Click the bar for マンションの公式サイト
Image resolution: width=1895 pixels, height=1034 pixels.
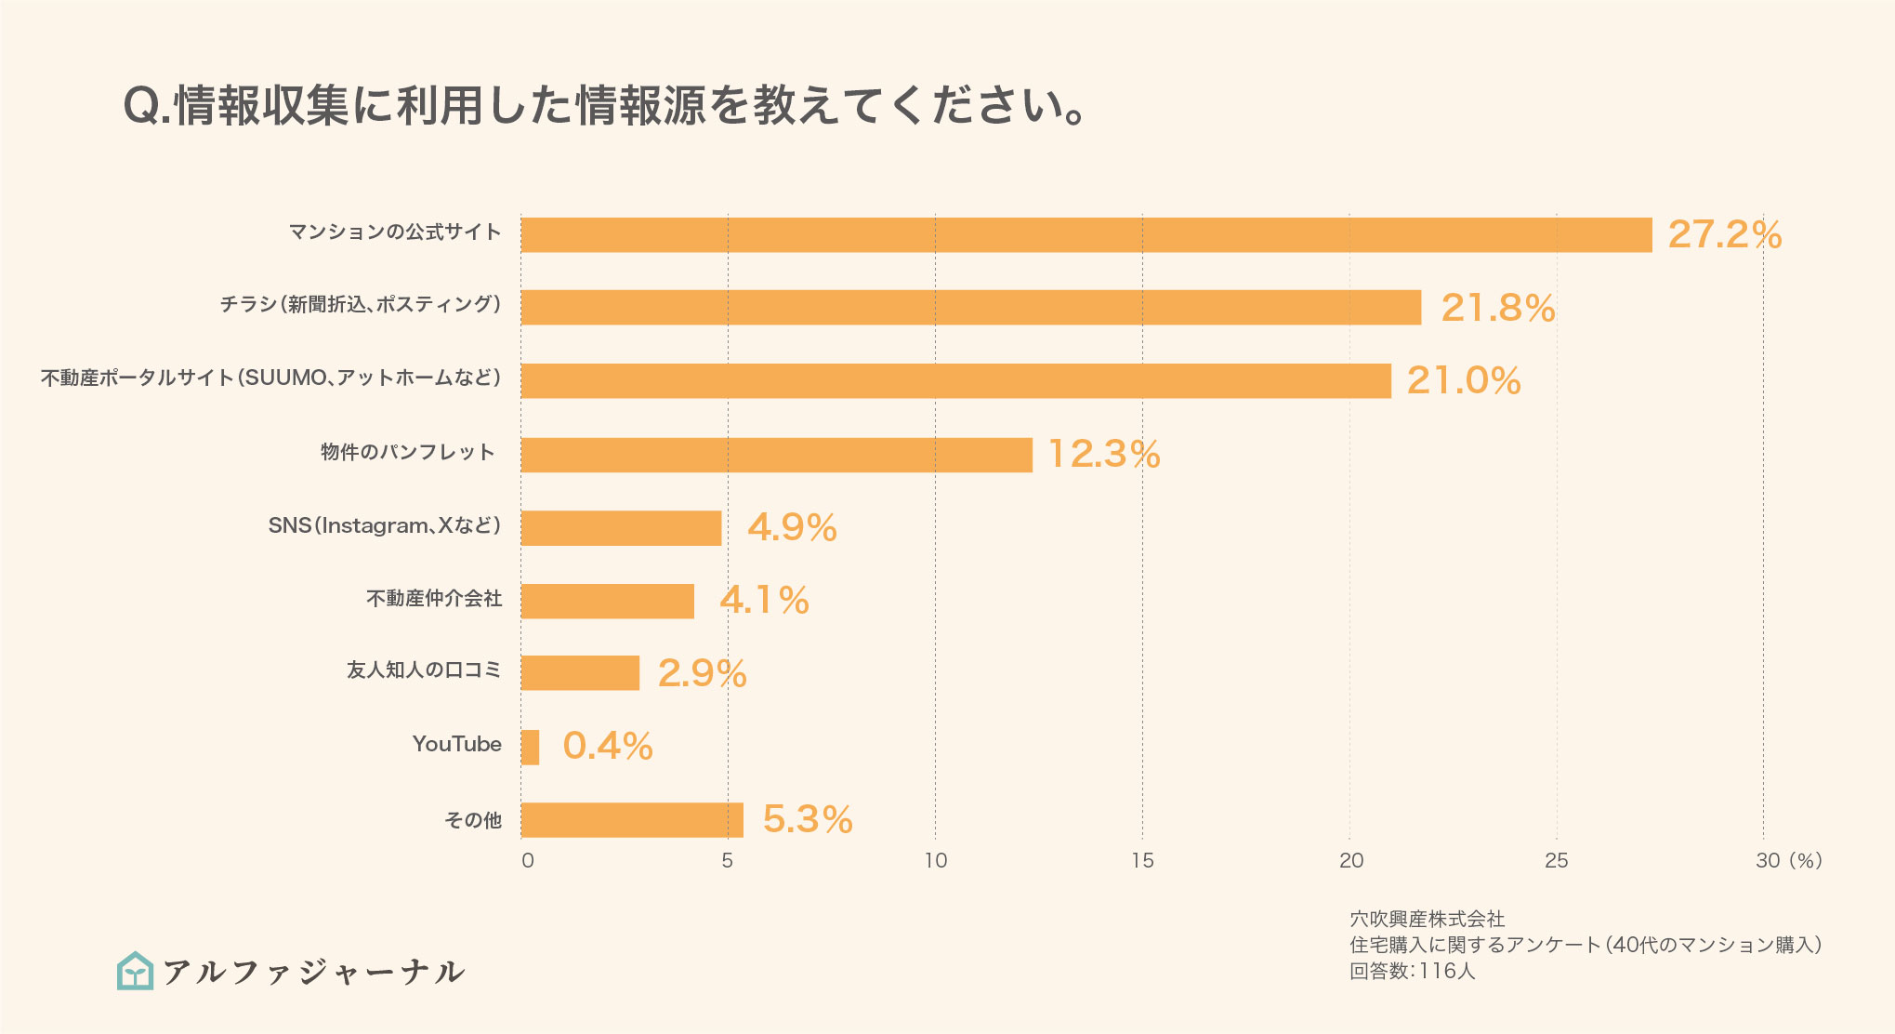(x=1086, y=235)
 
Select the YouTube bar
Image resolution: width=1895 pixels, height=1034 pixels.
(x=530, y=748)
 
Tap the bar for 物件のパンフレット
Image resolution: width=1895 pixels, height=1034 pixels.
(x=776, y=455)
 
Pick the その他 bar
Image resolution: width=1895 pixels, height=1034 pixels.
(x=632, y=820)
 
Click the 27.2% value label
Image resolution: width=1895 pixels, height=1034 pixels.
(x=1724, y=235)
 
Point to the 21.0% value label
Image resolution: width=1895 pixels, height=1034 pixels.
(x=1463, y=381)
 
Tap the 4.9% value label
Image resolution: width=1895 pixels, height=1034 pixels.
(x=792, y=528)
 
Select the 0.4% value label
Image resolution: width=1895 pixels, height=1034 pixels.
(x=608, y=747)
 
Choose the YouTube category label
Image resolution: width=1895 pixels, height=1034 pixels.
(x=456, y=745)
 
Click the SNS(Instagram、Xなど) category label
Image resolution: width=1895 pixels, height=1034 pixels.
(x=385, y=526)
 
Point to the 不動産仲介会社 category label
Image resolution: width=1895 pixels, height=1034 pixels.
(x=434, y=599)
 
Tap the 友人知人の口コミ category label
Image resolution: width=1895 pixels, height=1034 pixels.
(x=424, y=670)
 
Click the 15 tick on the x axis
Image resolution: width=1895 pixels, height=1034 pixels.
(x=1142, y=861)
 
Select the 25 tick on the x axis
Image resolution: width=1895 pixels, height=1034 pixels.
(x=1556, y=861)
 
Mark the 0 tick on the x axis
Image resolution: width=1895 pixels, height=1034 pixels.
(x=527, y=861)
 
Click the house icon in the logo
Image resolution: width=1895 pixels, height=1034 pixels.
(x=136, y=971)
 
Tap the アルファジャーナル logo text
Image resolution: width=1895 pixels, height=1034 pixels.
(x=313, y=972)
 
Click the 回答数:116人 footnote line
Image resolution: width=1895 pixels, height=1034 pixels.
(x=1412, y=972)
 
